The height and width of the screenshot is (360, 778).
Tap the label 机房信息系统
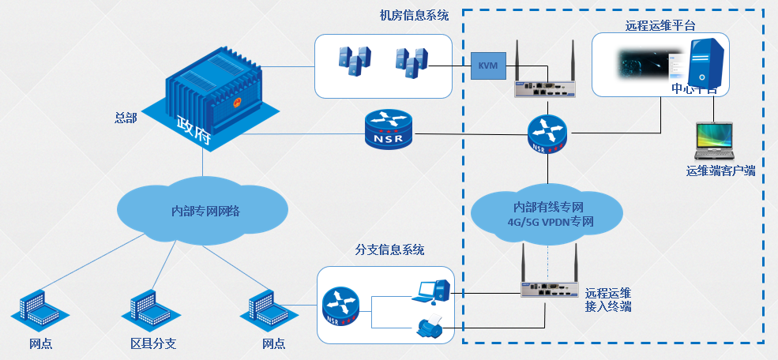tap(414, 15)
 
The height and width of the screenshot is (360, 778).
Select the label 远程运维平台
tap(660, 24)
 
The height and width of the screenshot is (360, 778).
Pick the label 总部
tap(126, 118)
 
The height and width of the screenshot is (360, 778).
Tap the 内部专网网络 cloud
tap(205, 211)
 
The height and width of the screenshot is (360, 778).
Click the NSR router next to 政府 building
tap(389, 130)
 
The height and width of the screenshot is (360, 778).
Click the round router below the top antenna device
tap(547, 133)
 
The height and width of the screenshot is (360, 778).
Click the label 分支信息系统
tap(389, 250)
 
